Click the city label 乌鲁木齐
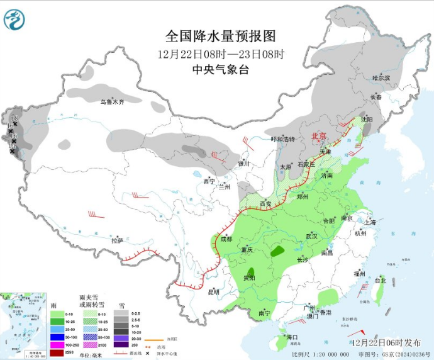[113, 101]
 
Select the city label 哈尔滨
[381, 78]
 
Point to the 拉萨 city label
[117, 240]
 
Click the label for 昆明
[214, 291]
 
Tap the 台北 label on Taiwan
[380, 280]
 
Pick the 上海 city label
[370, 222]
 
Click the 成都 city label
[226, 239]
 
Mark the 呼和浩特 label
[282, 138]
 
